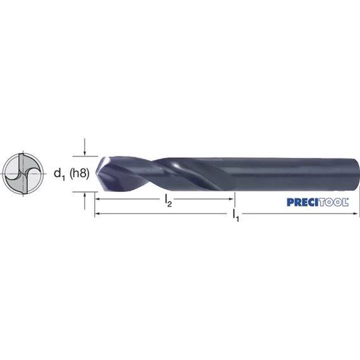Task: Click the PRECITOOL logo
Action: pos(318,202)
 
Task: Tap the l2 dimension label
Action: pos(168,201)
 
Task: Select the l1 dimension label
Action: pos(236,215)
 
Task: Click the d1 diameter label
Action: pos(59,174)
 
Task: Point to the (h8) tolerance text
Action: pos(79,173)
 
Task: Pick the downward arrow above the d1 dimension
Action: pos(85,147)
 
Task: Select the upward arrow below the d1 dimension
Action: pos(85,201)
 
